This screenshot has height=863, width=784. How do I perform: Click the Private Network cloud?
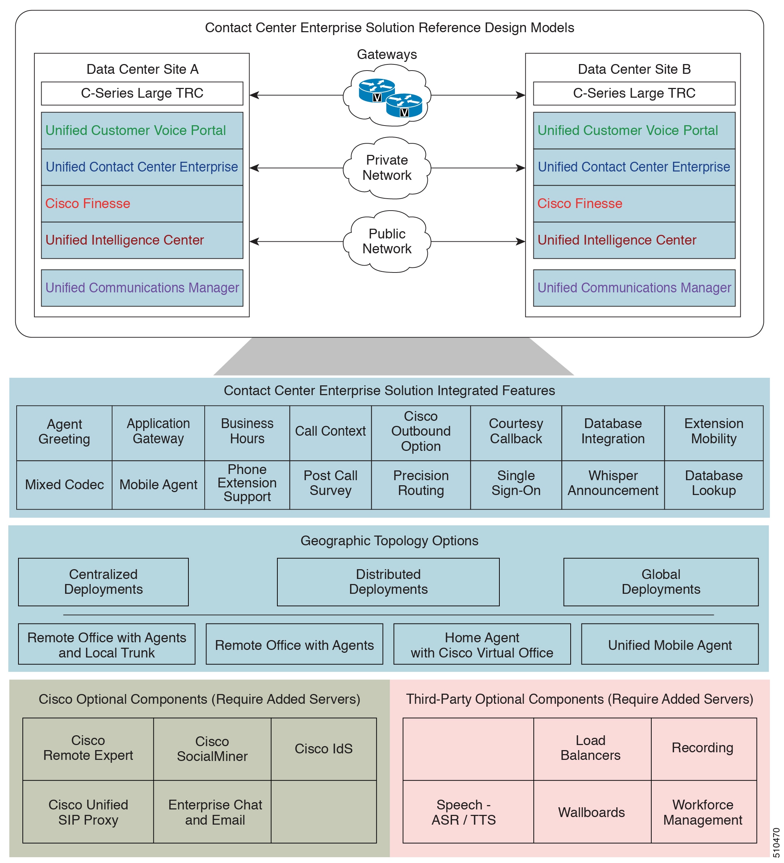[387, 168]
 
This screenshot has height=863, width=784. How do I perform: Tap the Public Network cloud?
[387, 241]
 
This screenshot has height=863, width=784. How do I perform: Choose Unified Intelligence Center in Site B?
[634, 240]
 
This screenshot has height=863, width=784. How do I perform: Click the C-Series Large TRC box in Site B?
[634, 93]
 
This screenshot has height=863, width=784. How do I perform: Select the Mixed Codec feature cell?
[64, 485]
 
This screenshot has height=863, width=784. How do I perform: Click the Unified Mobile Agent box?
[669, 644]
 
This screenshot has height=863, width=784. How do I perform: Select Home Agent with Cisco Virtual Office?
[482, 644]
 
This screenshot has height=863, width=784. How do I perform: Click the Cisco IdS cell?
[323, 749]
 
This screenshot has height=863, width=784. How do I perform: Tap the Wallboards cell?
[592, 812]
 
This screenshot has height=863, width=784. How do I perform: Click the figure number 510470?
[776, 842]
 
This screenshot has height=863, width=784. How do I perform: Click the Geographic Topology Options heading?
[389, 541]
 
